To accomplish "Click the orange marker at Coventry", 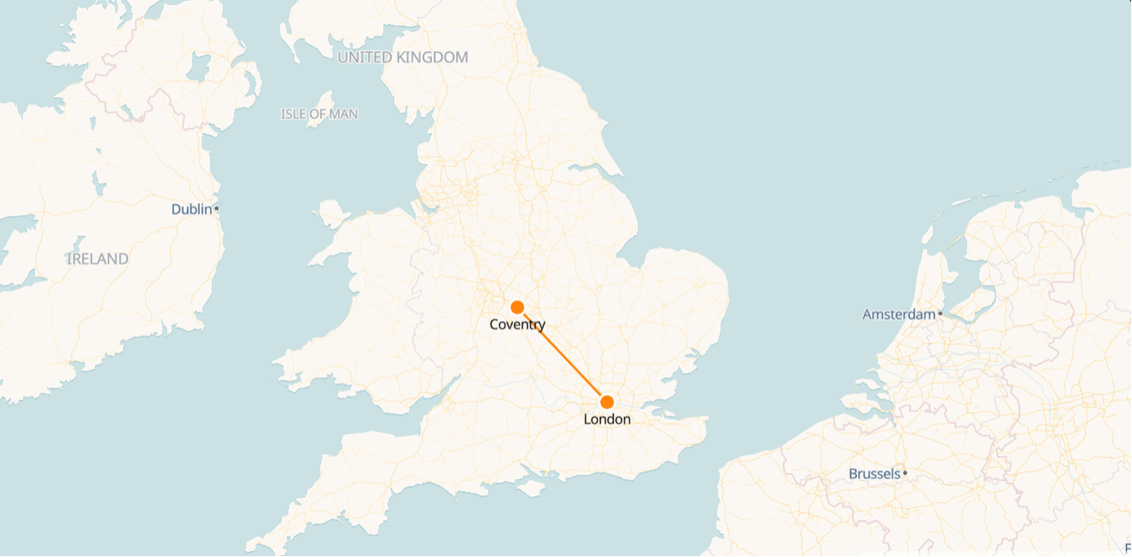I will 517,308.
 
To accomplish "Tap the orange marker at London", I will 607,402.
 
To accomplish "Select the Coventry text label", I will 517,325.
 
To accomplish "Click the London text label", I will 607,419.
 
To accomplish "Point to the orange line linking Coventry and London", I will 563,355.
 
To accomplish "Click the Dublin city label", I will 192,209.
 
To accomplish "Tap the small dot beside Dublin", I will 217,208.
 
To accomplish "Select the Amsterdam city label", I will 899,314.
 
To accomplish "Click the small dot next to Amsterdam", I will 940,314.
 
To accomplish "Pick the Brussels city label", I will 874,473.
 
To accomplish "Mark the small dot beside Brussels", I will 905,472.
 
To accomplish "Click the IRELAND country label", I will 97,259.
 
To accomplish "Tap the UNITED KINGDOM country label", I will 403,57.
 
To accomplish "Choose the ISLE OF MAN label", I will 319,114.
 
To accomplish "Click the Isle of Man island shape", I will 321,110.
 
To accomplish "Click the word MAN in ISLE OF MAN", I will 345,114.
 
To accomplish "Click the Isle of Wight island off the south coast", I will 531,488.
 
